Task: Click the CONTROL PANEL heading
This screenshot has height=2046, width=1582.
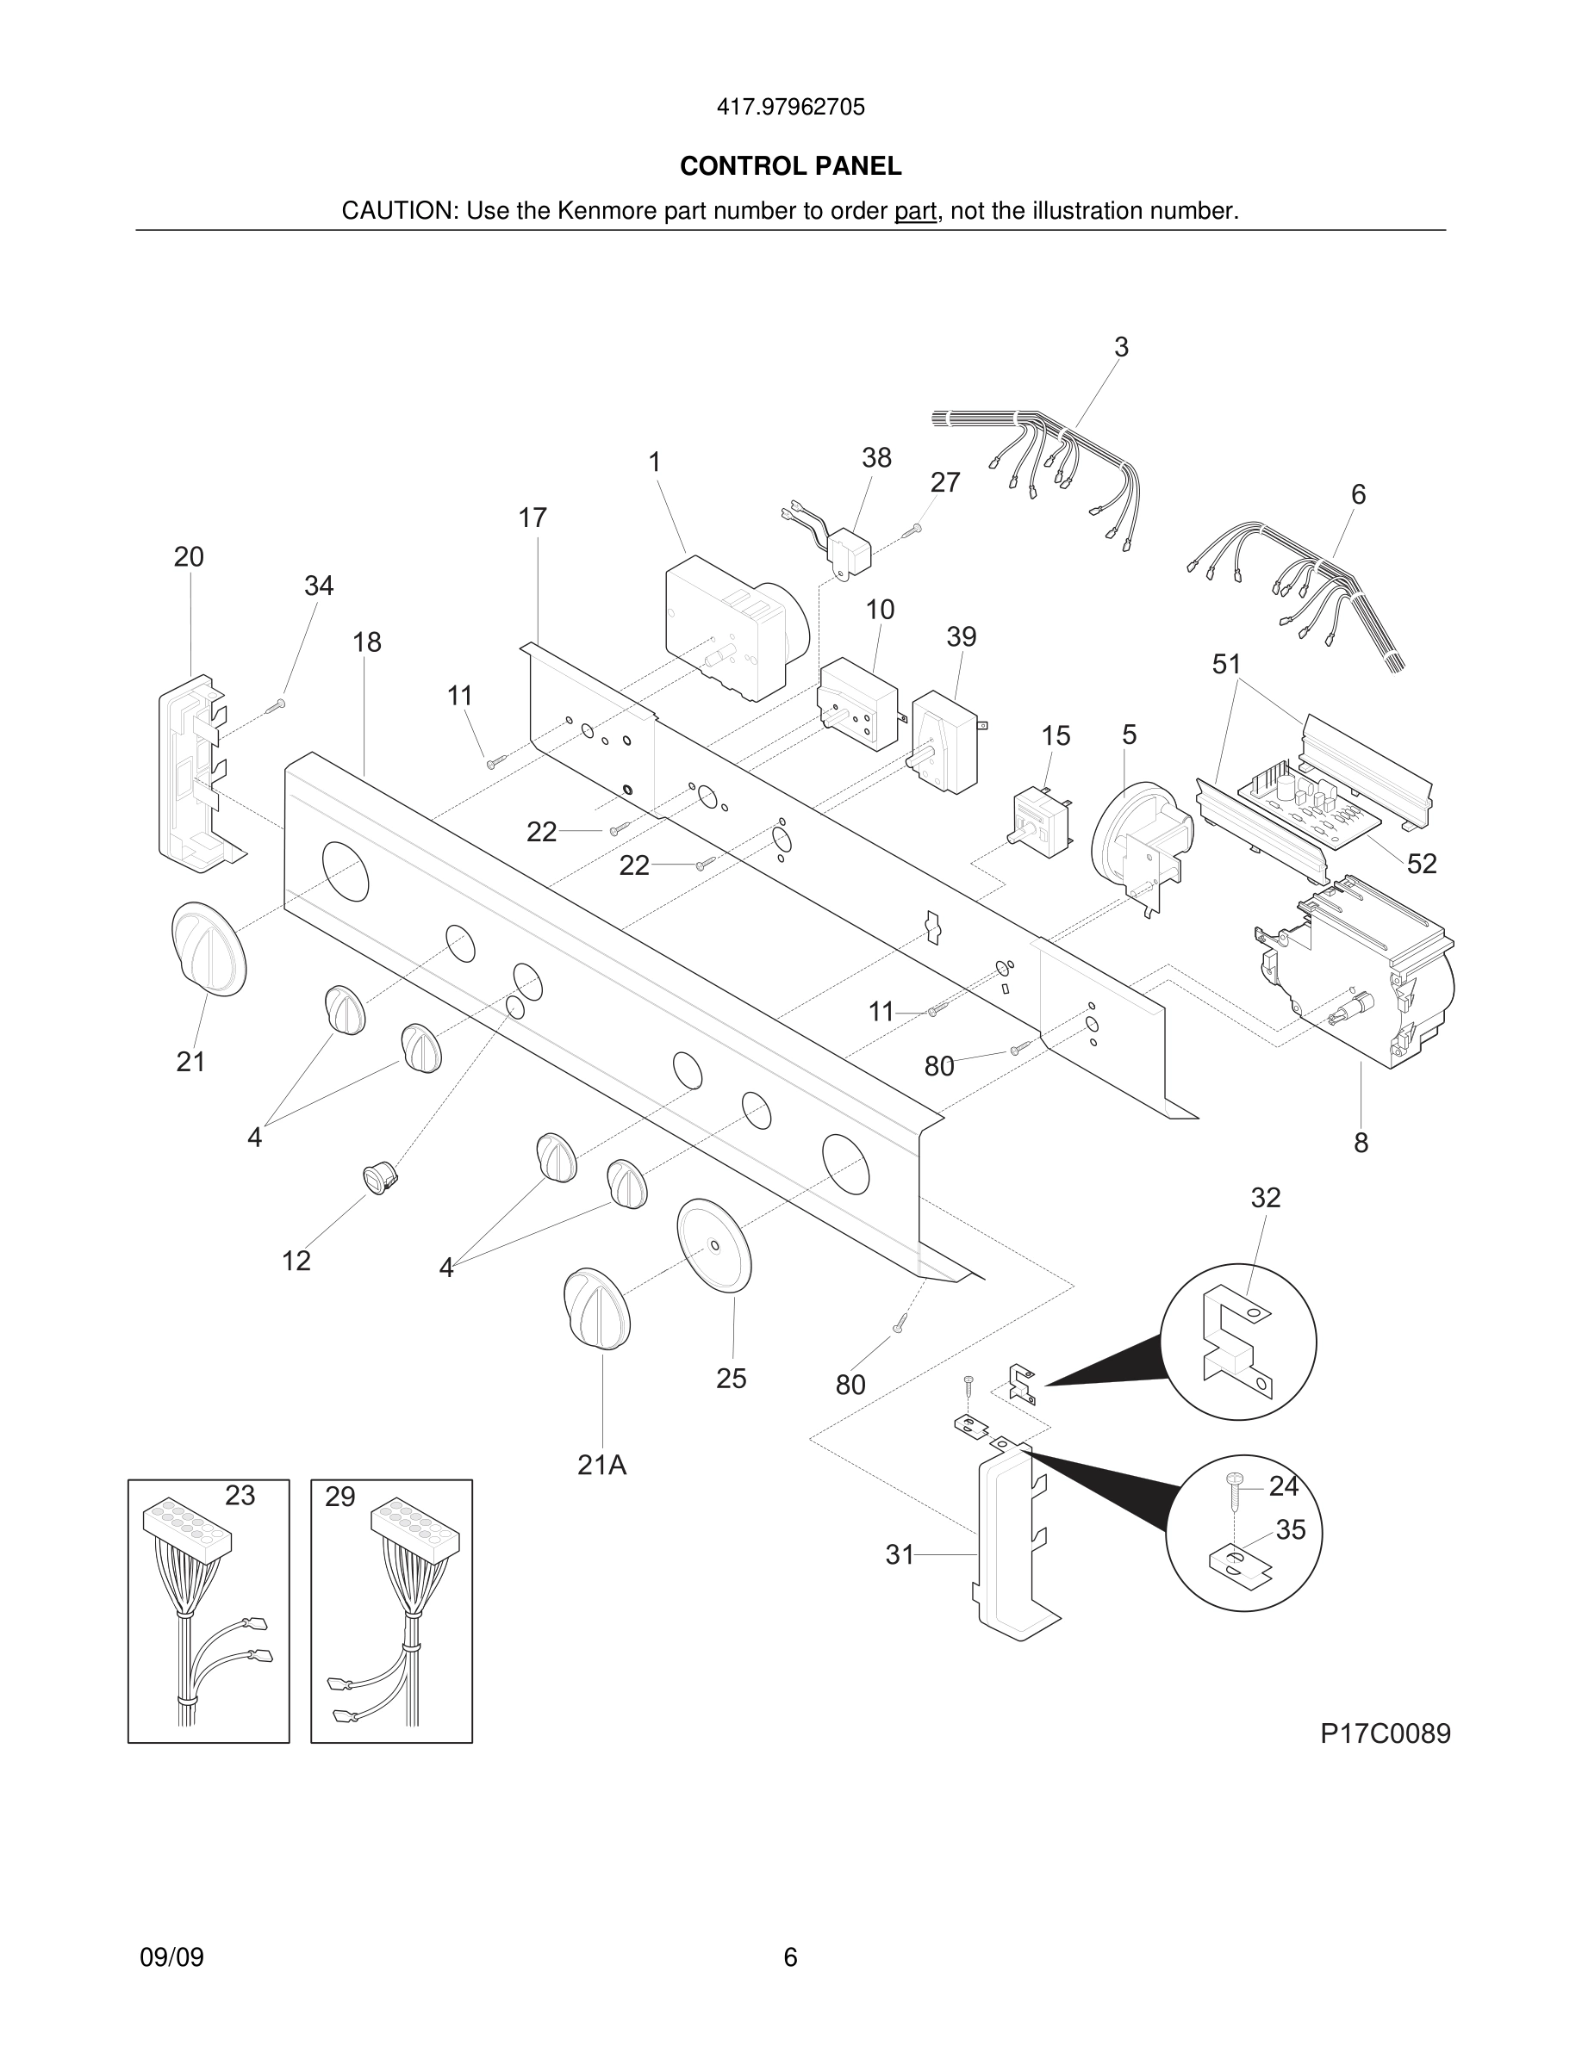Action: (x=790, y=166)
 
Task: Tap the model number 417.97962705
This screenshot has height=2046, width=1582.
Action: (x=790, y=108)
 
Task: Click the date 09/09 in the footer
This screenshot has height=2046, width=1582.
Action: (x=171, y=1957)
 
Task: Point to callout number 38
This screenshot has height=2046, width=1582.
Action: (x=876, y=458)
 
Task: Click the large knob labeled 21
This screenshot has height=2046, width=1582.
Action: (x=208, y=948)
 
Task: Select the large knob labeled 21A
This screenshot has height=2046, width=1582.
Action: (x=597, y=1308)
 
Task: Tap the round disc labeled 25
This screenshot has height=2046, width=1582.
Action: (x=714, y=1245)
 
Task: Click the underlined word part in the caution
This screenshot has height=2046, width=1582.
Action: (x=915, y=212)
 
